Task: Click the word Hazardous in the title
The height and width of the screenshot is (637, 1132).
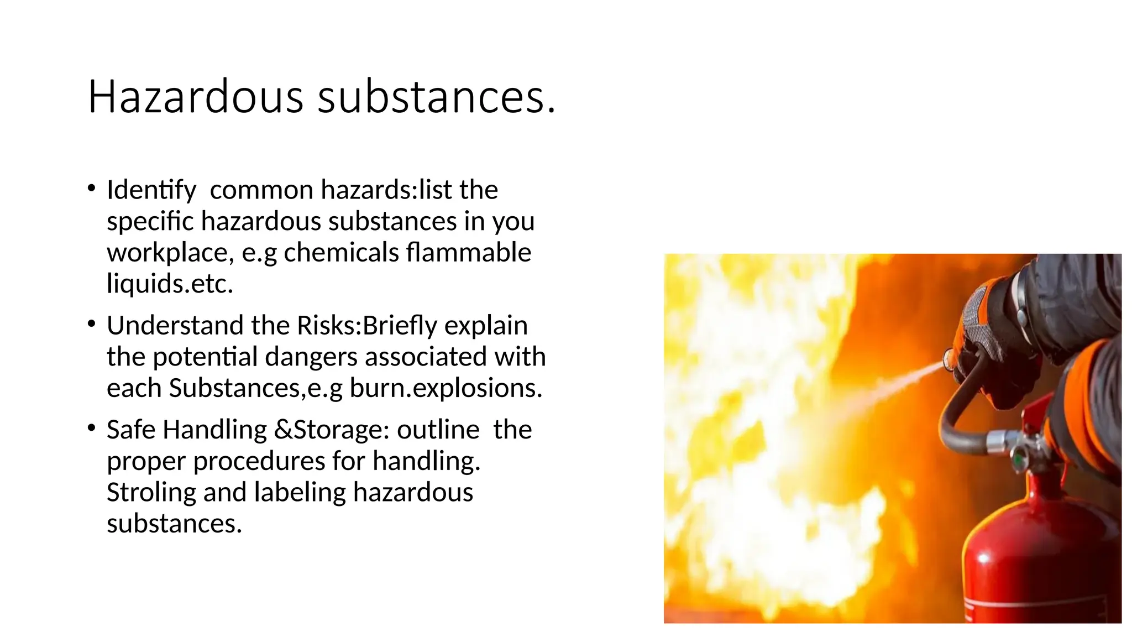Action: pyautogui.click(x=196, y=97)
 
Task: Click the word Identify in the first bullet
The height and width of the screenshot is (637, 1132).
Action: pyautogui.click(x=151, y=190)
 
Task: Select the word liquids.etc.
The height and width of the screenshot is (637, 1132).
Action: pyautogui.click(x=170, y=284)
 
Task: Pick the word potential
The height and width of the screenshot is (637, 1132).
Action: pyautogui.click(x=205, y=357)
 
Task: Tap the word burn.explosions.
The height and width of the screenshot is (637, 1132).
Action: pyautogui.click(x=446, y=388)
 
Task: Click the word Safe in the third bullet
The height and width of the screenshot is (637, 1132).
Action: pyautogui.click(x=131, y=430)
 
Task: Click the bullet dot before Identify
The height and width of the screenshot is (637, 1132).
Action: pyautogui.click(x=91, y=188)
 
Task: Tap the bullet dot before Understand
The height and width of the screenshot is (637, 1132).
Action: pyautogui.click(x=91, y=323)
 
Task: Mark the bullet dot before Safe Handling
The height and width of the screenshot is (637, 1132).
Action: pyautogui.click(x=91, y=427)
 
